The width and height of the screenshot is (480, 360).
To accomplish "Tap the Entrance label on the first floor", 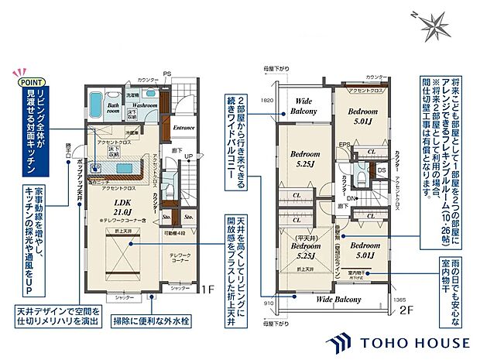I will tap(183, 128).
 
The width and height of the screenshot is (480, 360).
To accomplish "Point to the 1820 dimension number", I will tap(268, 101).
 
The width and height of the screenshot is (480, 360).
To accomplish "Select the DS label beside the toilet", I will tap(381, 170).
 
